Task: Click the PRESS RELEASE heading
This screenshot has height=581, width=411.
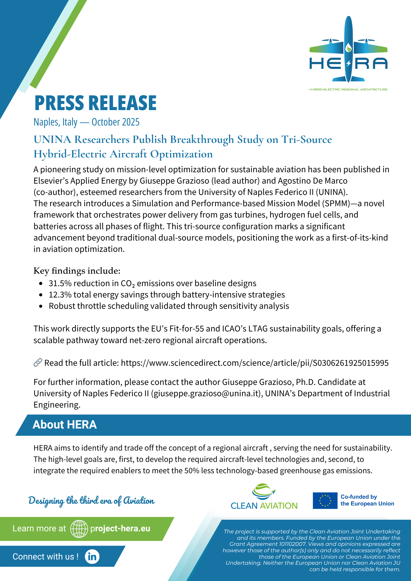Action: coord(95,103)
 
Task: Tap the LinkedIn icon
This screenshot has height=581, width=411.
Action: coord(92,556)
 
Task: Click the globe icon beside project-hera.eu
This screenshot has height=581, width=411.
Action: coord(79,529)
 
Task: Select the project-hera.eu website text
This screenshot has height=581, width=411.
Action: coord(120,528)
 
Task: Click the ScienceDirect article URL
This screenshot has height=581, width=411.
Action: coord(255,363)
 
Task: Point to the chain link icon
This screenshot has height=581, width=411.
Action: coord(38,363)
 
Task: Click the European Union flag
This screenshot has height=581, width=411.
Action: coord(325,501)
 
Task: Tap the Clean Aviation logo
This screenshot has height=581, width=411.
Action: coord(264,497)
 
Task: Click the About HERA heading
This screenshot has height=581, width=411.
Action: coord(65,425)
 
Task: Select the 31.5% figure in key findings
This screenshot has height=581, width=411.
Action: coord(60,283)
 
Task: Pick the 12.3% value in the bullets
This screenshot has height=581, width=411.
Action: coord(60,295)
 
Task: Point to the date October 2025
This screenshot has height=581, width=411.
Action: coord(115,122)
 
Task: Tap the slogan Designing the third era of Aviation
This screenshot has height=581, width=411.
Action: coord(91,501)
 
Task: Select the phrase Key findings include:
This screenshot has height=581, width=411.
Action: coord(77,271)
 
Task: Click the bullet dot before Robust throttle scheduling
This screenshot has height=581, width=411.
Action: coord(41,306)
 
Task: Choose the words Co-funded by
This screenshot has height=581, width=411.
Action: coord(359,497)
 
